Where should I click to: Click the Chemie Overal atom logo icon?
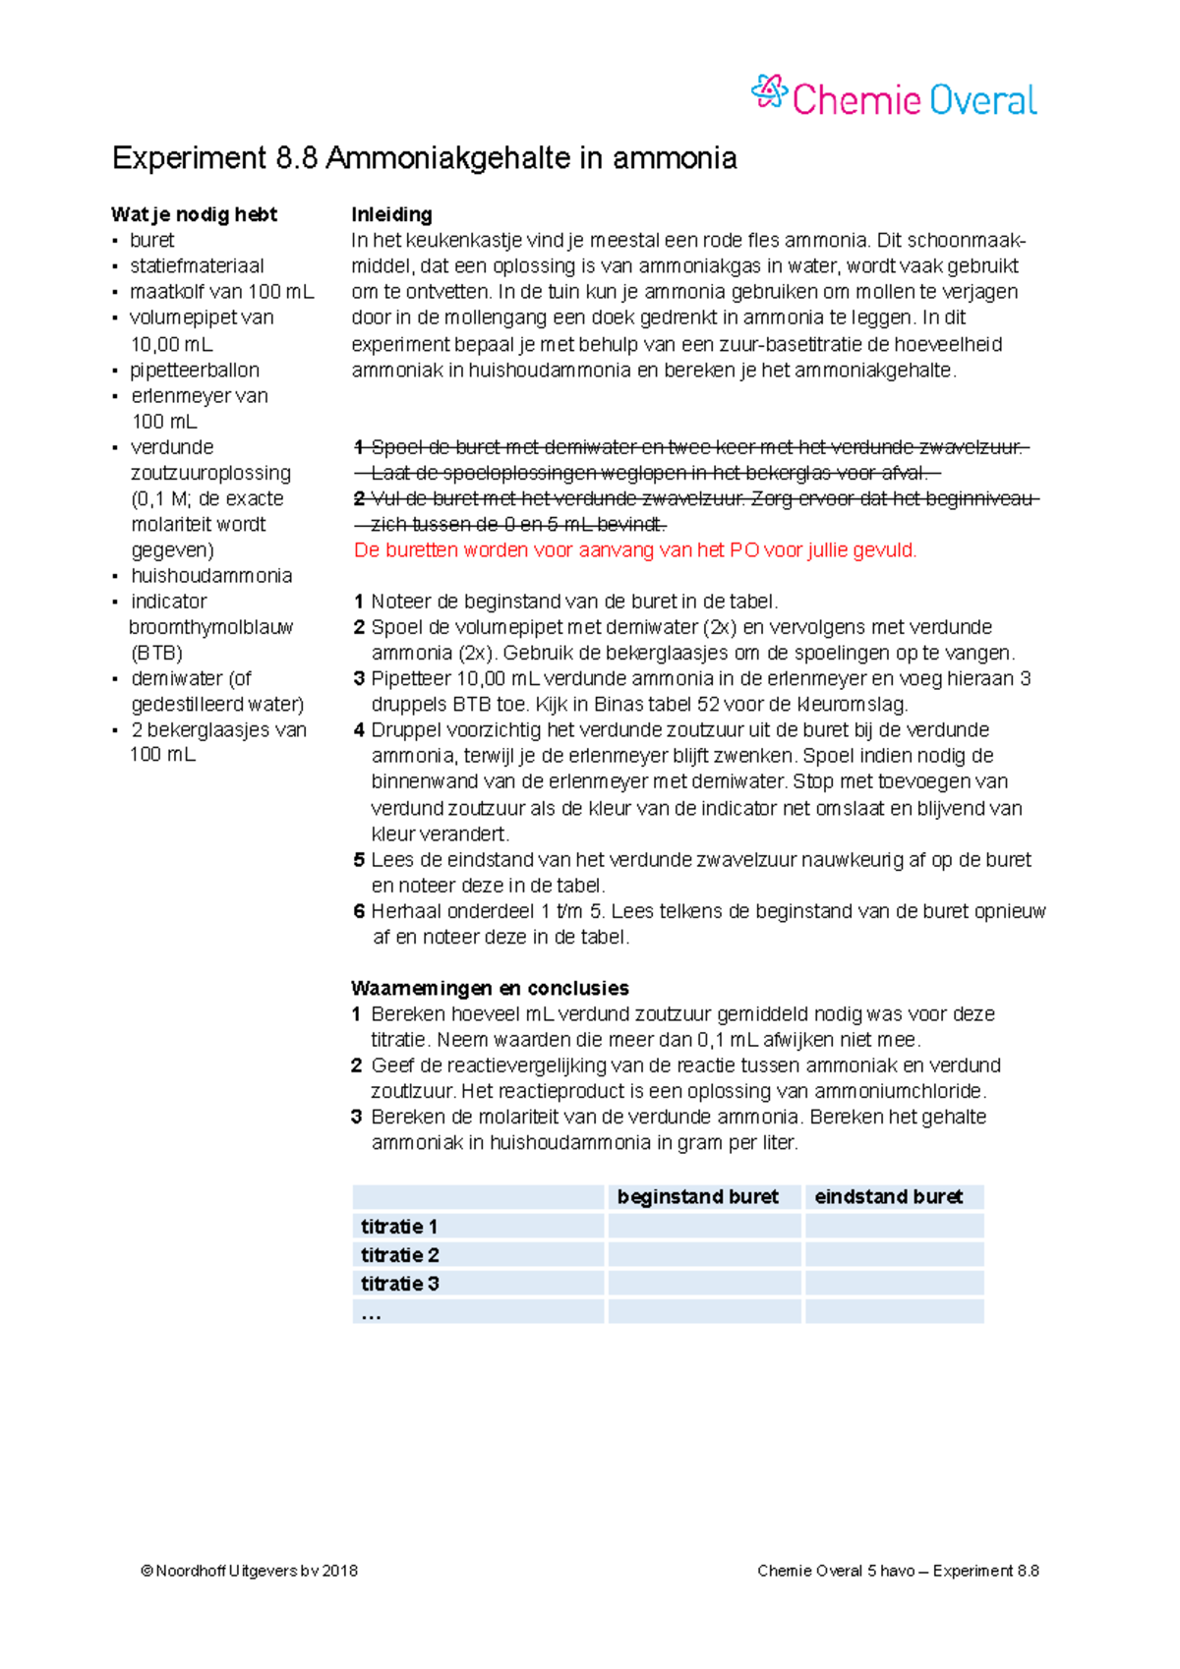tap(769, 92)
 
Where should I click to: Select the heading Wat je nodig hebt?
tap(194, 214)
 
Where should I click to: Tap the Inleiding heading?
tap(391, 214)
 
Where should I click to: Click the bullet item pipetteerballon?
tap(195, 371)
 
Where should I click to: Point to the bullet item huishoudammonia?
tap(211, 576)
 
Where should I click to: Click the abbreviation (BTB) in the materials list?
tap(156, 653)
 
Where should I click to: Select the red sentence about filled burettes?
tap(635, 550)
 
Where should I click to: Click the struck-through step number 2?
tap(359, 499)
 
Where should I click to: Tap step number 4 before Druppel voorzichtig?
tap(359, 730)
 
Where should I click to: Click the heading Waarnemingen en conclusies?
tap(490, 989)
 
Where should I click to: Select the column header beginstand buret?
tap(697, 1197)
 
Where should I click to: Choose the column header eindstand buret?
tap(888, 1197)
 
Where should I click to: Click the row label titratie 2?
tap(399, 1255)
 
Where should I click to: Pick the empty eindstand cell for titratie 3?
tap(894, 1284)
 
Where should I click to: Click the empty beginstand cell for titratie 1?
tap(704, 1227)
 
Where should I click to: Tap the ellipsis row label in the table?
tap(371, 1313)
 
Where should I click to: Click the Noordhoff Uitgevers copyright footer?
tap(249, 1571)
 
